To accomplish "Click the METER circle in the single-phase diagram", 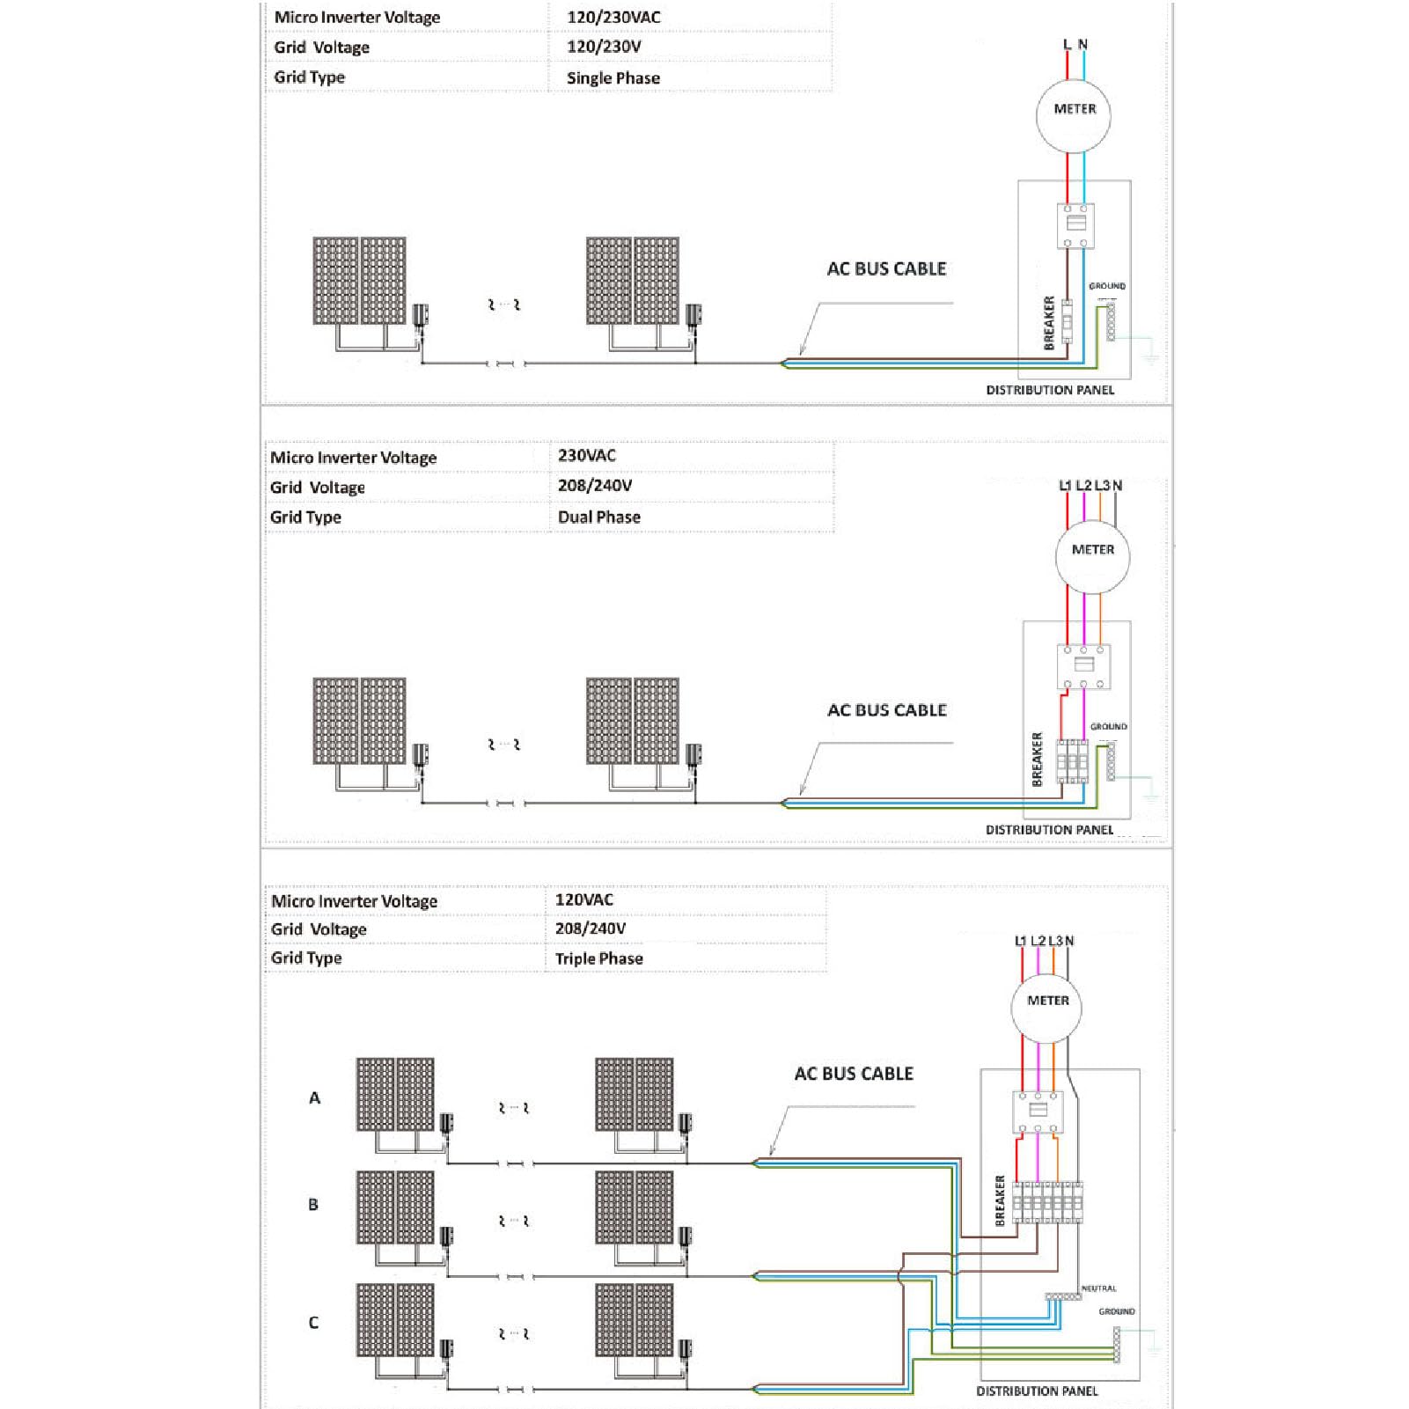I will point(1074,114).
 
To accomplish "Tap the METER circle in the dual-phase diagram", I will point(1092,555).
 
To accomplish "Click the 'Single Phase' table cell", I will point(613,77).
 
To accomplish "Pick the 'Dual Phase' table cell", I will point(599,517).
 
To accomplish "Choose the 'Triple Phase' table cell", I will point(599,958).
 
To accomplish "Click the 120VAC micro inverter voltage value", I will point(584,899).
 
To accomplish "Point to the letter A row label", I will point(314,1097).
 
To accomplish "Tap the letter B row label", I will point(313,1204).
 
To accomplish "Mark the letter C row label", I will point(313,1322).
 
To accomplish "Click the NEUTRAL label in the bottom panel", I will point(1098,1288).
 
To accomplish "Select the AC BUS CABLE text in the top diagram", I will point(886,268).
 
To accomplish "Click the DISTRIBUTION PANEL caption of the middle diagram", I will point(1049,830).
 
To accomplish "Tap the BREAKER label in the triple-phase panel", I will point(1000,1200).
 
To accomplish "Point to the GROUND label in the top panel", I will point(1107,286).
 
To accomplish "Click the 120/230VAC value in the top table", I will point(613,17).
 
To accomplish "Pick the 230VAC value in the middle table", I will point(587,455).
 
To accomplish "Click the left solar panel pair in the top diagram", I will point(359,281).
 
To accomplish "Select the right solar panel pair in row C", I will point(635,1320).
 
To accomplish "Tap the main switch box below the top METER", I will point(1075,226).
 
